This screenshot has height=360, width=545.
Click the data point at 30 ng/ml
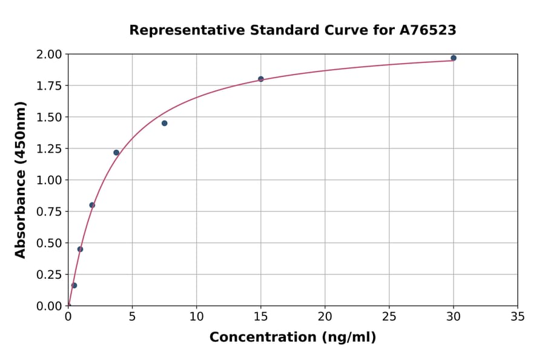[454, 58]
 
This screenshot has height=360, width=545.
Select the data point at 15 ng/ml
[261, 79]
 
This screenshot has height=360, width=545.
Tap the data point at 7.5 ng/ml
[164, 123]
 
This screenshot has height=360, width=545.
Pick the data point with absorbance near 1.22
[116, 152]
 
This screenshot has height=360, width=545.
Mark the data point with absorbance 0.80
[92, 205]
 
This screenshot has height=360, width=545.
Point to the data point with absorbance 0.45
[80, 249]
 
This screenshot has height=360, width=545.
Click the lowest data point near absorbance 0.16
[74, 285]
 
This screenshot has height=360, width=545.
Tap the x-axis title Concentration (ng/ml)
[292, 338]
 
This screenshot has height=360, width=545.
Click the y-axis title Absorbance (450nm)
[21, 180]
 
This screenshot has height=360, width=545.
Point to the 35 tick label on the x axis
[518, 316]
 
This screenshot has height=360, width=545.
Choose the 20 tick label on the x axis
[325, 316]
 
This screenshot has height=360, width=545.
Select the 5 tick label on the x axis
[132, 316]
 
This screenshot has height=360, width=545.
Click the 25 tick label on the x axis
[389, 316]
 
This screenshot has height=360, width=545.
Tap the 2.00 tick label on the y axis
[49, 55]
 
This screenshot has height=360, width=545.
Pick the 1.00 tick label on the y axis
[49, 180]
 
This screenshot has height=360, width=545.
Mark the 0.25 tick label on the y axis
[49, 275]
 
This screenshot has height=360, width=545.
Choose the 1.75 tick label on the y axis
[49, 86]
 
